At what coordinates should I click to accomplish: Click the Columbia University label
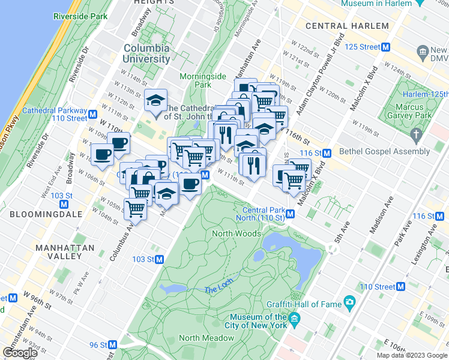pos(147,53)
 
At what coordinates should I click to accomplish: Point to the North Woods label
pos(236,233)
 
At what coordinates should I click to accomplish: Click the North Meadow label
pos(205,338)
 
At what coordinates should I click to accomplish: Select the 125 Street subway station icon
pos(387,47)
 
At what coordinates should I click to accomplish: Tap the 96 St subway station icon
pos(112,345)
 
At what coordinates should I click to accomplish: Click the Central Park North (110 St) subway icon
pos(290,214)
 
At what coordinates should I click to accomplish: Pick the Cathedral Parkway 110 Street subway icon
pos(92,114)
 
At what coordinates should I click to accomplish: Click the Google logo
pos(20,353)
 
